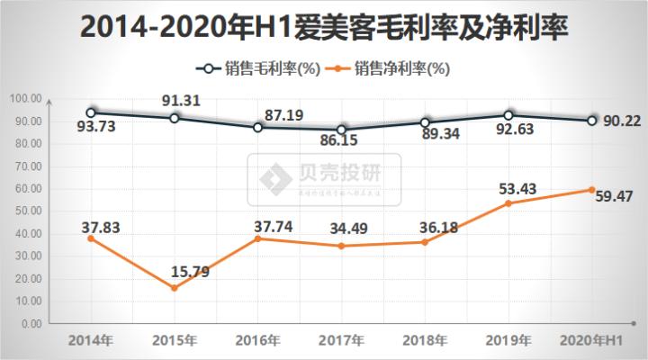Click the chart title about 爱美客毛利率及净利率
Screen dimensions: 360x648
click(x=324, y=27)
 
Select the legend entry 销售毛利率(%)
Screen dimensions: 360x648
click(x=256, y=68)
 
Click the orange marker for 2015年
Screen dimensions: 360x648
click(x=175, y=288)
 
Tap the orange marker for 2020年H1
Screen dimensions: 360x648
click(x=591, y=190)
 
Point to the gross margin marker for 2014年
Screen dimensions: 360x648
click(x=91, y=112)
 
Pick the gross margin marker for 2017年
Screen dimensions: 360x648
click(x=341, y=130)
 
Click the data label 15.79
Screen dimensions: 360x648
click(x=190, y=270)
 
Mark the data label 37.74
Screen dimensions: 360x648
click(x=270, y=221)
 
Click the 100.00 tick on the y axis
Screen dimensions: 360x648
click(x=26, y=99)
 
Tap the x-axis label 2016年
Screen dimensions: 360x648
click(x=257, y=341)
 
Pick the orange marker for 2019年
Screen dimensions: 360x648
click(x=508, y=203)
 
